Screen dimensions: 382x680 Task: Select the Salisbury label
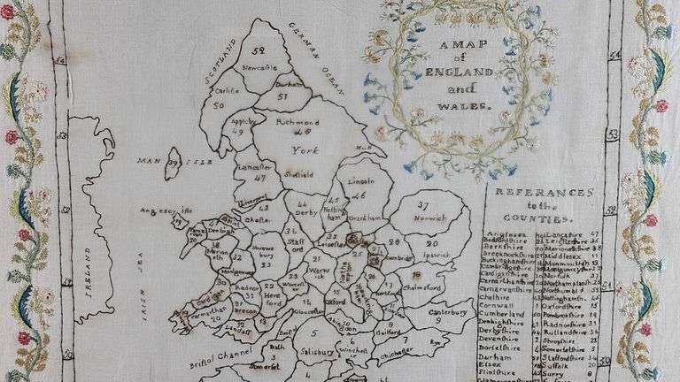(x=313, y=352)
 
